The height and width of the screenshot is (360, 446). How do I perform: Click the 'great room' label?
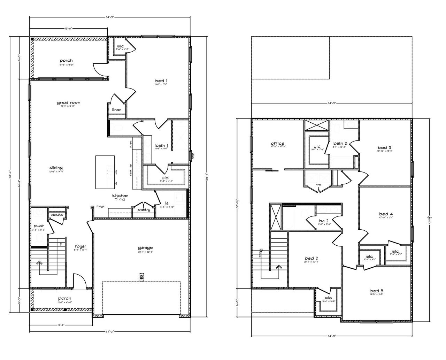coord(69,103)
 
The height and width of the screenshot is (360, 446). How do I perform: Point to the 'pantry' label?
coord(144,210)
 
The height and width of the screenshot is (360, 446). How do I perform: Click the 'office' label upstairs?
coord(278,143)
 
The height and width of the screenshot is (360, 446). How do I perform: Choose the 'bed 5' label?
coord(377,291)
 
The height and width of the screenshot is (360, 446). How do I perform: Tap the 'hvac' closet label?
coord(318,184)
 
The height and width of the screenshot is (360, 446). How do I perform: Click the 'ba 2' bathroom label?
coord(324,221)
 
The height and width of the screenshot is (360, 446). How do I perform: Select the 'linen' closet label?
coord(116,110)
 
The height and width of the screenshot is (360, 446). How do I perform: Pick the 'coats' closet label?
coord(57,215)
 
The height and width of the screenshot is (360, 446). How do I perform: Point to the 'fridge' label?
coord(101,207)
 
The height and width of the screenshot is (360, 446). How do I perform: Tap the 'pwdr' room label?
coord(38,226)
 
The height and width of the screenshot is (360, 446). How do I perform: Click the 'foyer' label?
coord(80,246)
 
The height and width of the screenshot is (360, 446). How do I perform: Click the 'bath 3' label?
coord(340,143)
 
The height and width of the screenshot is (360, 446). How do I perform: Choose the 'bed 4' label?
coord(386,214)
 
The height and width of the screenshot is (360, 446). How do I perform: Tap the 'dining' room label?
coord(56,168)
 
